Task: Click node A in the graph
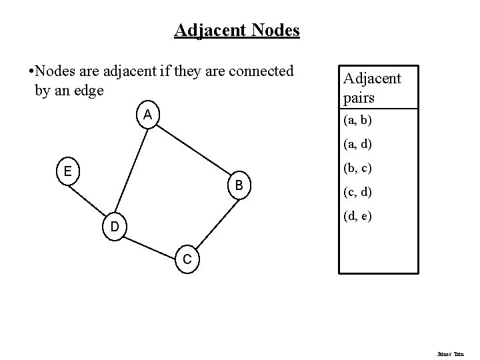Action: coord(147,115)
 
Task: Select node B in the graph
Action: coord(237,184)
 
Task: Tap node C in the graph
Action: coord(187,259)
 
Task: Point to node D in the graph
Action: coord(115,227)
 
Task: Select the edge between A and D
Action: coord(131,171)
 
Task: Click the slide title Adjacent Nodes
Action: coord(237,31)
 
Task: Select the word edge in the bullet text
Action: coord(89,89)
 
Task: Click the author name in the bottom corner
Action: coord(456,347)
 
